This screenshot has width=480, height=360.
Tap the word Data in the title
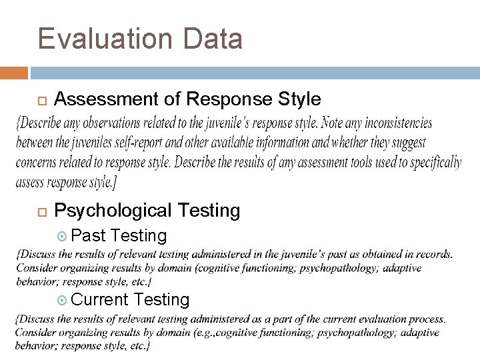tap(211, 39)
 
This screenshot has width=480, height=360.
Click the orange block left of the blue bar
tap(14, 73)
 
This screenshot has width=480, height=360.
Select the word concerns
tap(39, 162)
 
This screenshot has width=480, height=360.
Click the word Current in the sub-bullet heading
tap(99, 300)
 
